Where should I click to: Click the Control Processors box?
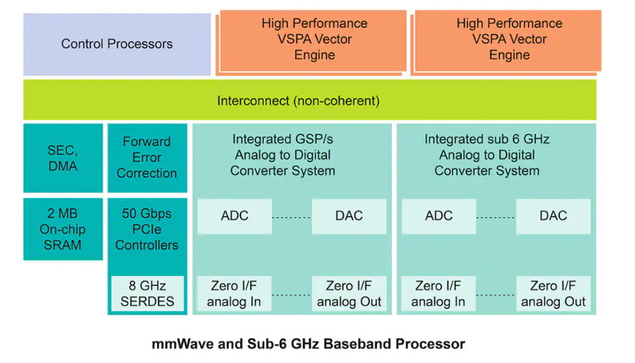click(x=117, y=44)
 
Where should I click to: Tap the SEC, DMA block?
click(x=62, y=158)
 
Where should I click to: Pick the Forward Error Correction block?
click(x=147, y=158)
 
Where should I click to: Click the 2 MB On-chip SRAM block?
click(x=62, y=229)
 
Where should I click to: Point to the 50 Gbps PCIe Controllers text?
click(x=147, y=229)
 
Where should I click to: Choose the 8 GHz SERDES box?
click(x=147, y=294)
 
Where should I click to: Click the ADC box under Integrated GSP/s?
click(x=235, y=215)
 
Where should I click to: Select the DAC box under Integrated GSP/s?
click(x=349, y=215)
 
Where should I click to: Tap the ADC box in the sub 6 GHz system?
click(x=439, y=215)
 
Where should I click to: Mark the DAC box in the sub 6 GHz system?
click(x=553, y=215)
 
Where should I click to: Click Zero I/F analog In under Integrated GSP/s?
click(x=235, y=294)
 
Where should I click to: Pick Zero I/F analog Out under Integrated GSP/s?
click(x=349, y=294)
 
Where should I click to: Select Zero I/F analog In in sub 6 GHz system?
click(x=439, y=294)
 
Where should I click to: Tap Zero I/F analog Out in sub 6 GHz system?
click(x=553, y=294)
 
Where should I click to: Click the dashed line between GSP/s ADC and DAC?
click(x=292, y=217)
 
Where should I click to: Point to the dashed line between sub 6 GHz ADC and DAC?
click(x=496, y=217)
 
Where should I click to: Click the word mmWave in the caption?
click(x=176, y=344)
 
